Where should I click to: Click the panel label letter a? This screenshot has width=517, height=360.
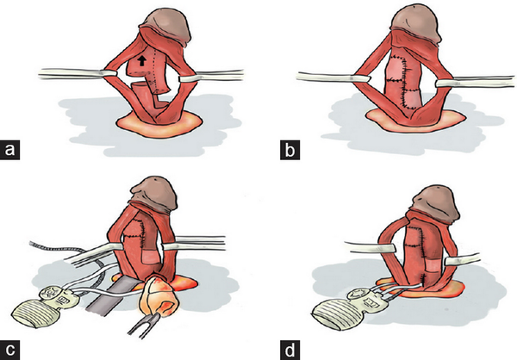9,150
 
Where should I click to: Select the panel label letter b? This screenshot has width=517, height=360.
290,150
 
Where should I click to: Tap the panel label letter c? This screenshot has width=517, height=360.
9,351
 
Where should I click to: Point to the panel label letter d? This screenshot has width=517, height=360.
290,351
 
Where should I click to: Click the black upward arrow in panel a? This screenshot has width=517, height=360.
142,60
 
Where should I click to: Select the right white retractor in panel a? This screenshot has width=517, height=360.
211,76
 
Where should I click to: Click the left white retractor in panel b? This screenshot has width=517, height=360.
333,78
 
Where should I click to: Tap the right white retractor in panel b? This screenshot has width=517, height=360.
476,82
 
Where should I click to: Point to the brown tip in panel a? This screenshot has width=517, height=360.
166,26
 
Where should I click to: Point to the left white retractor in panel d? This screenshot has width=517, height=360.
370,248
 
